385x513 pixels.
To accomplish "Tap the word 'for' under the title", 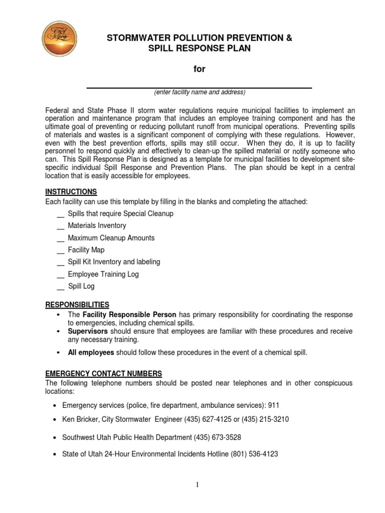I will pyautogui.click(x=200, y=69).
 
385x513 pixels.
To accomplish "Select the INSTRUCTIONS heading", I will pyautogui.click(x=71, y=192).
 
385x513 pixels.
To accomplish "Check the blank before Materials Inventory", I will pyautogui.click(x=61, y=226).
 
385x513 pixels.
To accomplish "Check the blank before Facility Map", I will pyautogui.click(x=61, y=250).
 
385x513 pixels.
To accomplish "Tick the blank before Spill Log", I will pyautogui.click(x=61, y=287).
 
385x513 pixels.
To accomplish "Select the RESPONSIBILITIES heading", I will pyautogui.click(x=77, y=305).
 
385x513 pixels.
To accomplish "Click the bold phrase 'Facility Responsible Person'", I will pyautogui.click(x=129, y=315).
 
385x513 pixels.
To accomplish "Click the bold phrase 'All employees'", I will pyautogui.click(x=91, y=353).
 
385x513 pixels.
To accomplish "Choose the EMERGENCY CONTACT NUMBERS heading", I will pyautogui.click(x=104, y=373).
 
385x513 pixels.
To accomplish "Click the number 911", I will pyautogui.click(x=274, y=404).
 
